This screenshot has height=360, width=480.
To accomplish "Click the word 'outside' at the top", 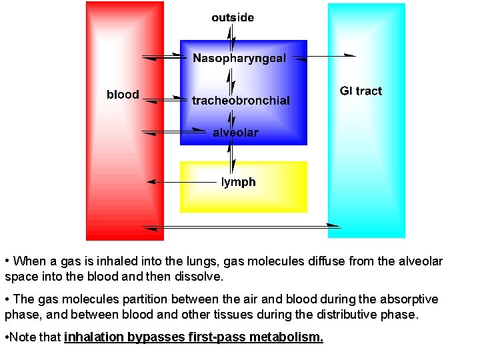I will tap(233, 17).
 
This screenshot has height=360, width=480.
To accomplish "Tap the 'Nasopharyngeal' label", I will tap(239, 58).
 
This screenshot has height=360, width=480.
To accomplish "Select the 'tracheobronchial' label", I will tap(241, 101).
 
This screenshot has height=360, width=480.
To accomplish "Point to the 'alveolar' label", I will tap(235, 133).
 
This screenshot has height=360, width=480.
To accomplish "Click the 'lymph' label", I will tap(238, 182).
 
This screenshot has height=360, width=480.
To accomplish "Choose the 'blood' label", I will tap(123, 95).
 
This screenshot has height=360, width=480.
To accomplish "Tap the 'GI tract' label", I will tap(361, 91).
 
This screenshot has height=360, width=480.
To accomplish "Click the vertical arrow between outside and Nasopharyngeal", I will tap(231, 38).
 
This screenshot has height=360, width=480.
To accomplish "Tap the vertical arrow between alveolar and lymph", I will tap(231, 157).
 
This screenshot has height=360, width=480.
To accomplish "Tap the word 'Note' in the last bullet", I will tap(23, 337).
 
